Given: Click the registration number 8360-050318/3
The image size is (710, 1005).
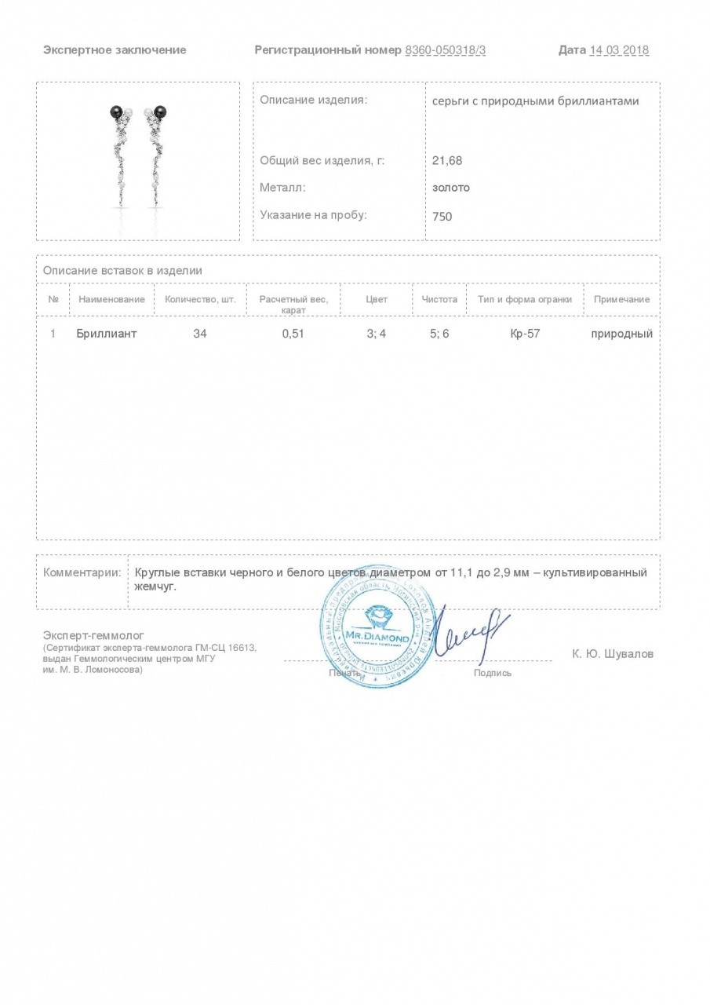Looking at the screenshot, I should tap(445, 50).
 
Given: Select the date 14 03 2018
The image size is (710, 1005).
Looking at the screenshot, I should tap(619, 50).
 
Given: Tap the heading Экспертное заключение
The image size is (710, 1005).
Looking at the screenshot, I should tap(115, 50).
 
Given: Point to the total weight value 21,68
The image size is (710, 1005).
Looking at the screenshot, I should tap(447, 160).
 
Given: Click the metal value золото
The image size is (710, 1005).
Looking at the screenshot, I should tap(451, 188).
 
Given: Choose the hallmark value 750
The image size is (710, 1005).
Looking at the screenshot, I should tap(442, 216).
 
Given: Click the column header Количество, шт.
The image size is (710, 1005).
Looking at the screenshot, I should tap(200, 299).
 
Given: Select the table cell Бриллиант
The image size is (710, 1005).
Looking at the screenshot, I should tap(107, 334).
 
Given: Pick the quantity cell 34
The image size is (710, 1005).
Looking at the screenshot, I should tap(200, 334).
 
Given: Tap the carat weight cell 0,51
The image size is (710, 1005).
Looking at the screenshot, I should tap(293, 334).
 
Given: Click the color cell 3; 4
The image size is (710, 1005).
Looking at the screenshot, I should tap(377, 334).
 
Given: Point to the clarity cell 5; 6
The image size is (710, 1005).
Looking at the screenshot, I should tap(439, 334).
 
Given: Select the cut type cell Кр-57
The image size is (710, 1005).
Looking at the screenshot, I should tap(525, 334).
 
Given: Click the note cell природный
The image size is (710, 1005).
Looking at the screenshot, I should tap(622, 334).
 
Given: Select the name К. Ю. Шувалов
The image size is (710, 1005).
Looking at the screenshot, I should tap(613, 654).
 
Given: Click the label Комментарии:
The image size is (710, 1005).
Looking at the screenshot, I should tap(82, 572).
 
